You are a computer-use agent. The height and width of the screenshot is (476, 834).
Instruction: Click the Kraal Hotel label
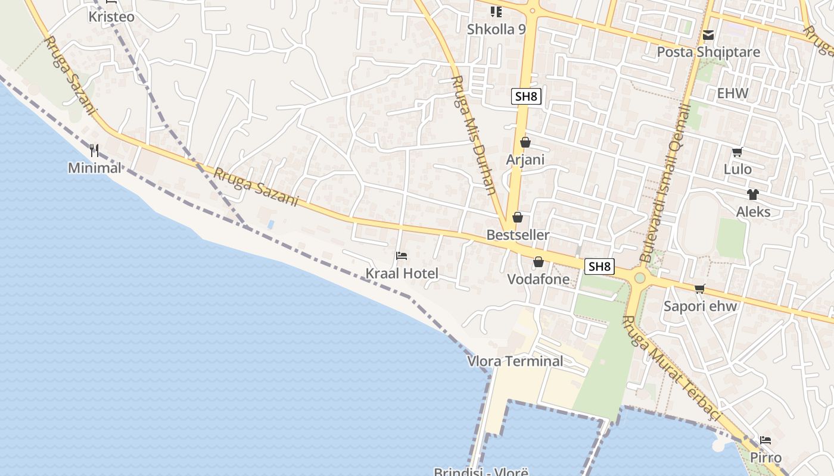click(x=402, y=274)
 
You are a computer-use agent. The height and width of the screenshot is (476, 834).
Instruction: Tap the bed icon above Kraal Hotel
click(x=402, y=256)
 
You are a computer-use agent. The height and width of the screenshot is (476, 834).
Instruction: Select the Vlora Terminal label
click(x=515, y=361)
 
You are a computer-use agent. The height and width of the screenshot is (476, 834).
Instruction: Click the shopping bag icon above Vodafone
click(x=539, y=262)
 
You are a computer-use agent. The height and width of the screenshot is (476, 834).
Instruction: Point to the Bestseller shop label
click(x=518, y=235)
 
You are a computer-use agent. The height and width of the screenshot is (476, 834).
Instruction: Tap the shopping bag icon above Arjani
click(x=525, y=142)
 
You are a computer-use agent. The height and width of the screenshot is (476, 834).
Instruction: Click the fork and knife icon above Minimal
click(x=94, y=150)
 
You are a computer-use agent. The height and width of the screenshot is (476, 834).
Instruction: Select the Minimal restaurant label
click(x=94, y=168)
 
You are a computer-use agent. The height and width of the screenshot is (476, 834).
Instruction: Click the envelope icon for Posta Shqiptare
click(x=708, y=35)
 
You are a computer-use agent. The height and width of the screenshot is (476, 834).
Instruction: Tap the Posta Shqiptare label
click(x=708, y=52)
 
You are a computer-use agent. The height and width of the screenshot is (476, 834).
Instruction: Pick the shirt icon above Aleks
click(x=752, y=194)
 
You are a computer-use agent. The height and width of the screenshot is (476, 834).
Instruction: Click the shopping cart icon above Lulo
click(x=737, y=152)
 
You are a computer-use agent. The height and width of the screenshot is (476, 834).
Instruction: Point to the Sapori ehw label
click(x=701, y=306)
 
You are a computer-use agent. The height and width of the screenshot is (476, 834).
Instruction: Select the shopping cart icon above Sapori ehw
click(x=699, y=289)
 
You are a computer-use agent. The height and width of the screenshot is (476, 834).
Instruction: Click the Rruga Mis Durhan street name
click(x=474, y=135)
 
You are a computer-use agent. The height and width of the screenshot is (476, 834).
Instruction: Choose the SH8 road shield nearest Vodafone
click(x=599, y=267)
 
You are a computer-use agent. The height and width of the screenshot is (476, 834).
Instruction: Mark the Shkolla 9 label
click(x=496, y=29)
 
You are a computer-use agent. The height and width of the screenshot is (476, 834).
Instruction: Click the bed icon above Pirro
click(x=765, y=440)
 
